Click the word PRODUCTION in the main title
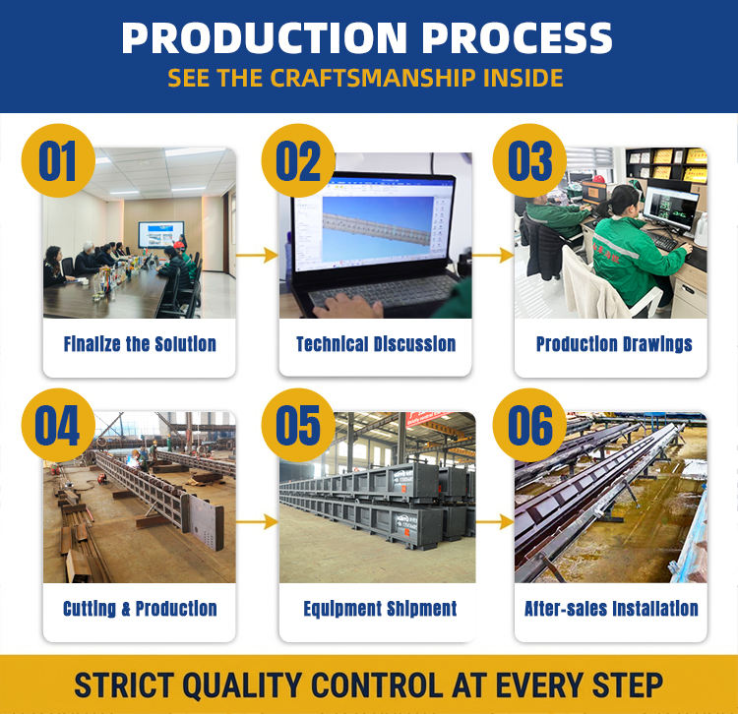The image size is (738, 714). [x=264, y=38]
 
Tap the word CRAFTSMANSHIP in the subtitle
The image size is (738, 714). [x=372, y=78]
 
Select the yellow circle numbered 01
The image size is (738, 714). [x=58, y=160]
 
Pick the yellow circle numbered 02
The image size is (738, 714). [x=298, y=160]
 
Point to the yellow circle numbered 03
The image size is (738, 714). [x=529, y=160]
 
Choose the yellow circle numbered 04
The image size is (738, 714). [x=58, y=425]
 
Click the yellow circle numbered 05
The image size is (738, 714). [x=298, y=425]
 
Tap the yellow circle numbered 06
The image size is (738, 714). [x=529, y=425]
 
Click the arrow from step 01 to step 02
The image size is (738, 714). [x=257, y=255]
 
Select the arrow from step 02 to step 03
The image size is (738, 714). [x=493, y=255]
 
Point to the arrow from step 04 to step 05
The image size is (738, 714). [x=257, y=521]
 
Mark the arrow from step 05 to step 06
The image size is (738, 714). [x=495, y=521]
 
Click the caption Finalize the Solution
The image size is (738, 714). [x=140, y=344]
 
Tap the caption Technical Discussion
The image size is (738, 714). [x=376, y=344]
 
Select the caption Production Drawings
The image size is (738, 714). [x=614, y=344]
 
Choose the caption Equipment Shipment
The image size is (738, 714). [x=380, y=609]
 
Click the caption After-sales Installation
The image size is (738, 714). [x=611, y=608]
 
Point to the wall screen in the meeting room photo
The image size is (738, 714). [x=160, y=234]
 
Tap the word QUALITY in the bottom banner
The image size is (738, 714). [x=242, y=684]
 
